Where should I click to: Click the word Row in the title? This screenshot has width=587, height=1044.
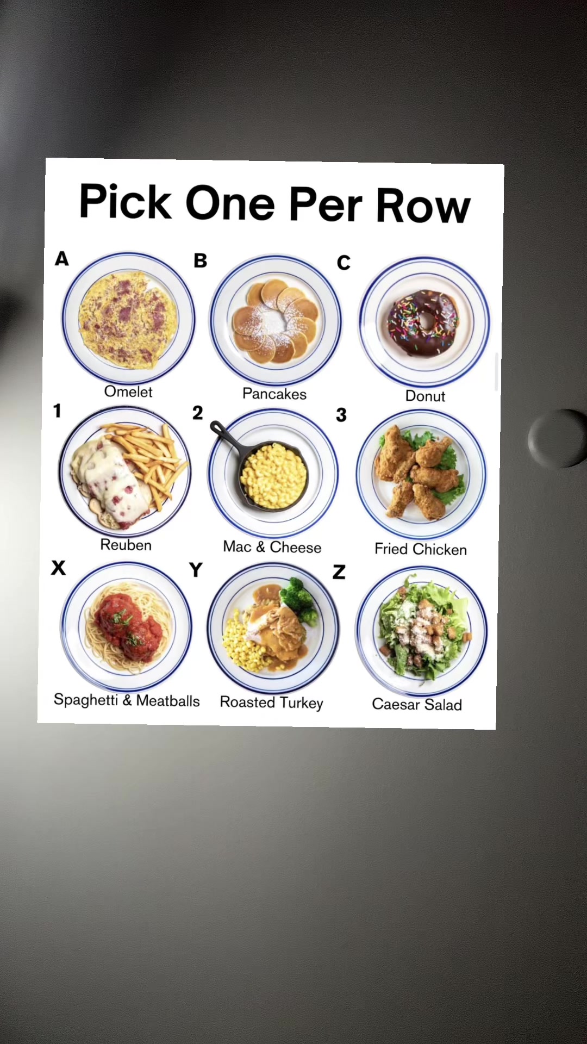(x=423, y=205)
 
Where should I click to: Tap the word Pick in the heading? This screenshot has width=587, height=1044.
(x=125, y=201)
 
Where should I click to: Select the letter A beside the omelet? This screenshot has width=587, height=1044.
(x=62, y=258)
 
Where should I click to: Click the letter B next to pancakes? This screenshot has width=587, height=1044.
(x=201, y=260)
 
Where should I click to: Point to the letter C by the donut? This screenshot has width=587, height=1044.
(x=344, y=263)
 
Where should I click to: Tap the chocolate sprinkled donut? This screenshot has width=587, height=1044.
(x=423, y=323)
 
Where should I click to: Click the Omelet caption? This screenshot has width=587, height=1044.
(x=128, y=391)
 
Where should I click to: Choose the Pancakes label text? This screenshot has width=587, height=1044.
(x=274, y=394)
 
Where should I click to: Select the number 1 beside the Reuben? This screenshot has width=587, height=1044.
(x=57, y=411)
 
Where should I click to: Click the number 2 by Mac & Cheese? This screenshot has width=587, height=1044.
(x=197, y=413)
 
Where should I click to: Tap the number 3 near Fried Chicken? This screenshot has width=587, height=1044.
(x=341, y=415)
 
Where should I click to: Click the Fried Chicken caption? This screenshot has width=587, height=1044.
(x=421, y=549)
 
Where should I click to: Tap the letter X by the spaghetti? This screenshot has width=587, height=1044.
(x=58, y=568)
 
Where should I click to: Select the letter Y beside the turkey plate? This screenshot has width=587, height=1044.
(x=196, y=570)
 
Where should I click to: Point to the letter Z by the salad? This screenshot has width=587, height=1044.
(x=339, y=572)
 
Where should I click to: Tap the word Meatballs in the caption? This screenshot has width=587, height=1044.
(x=168, y=700)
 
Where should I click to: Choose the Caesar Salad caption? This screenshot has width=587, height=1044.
(x=417, y=704)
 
